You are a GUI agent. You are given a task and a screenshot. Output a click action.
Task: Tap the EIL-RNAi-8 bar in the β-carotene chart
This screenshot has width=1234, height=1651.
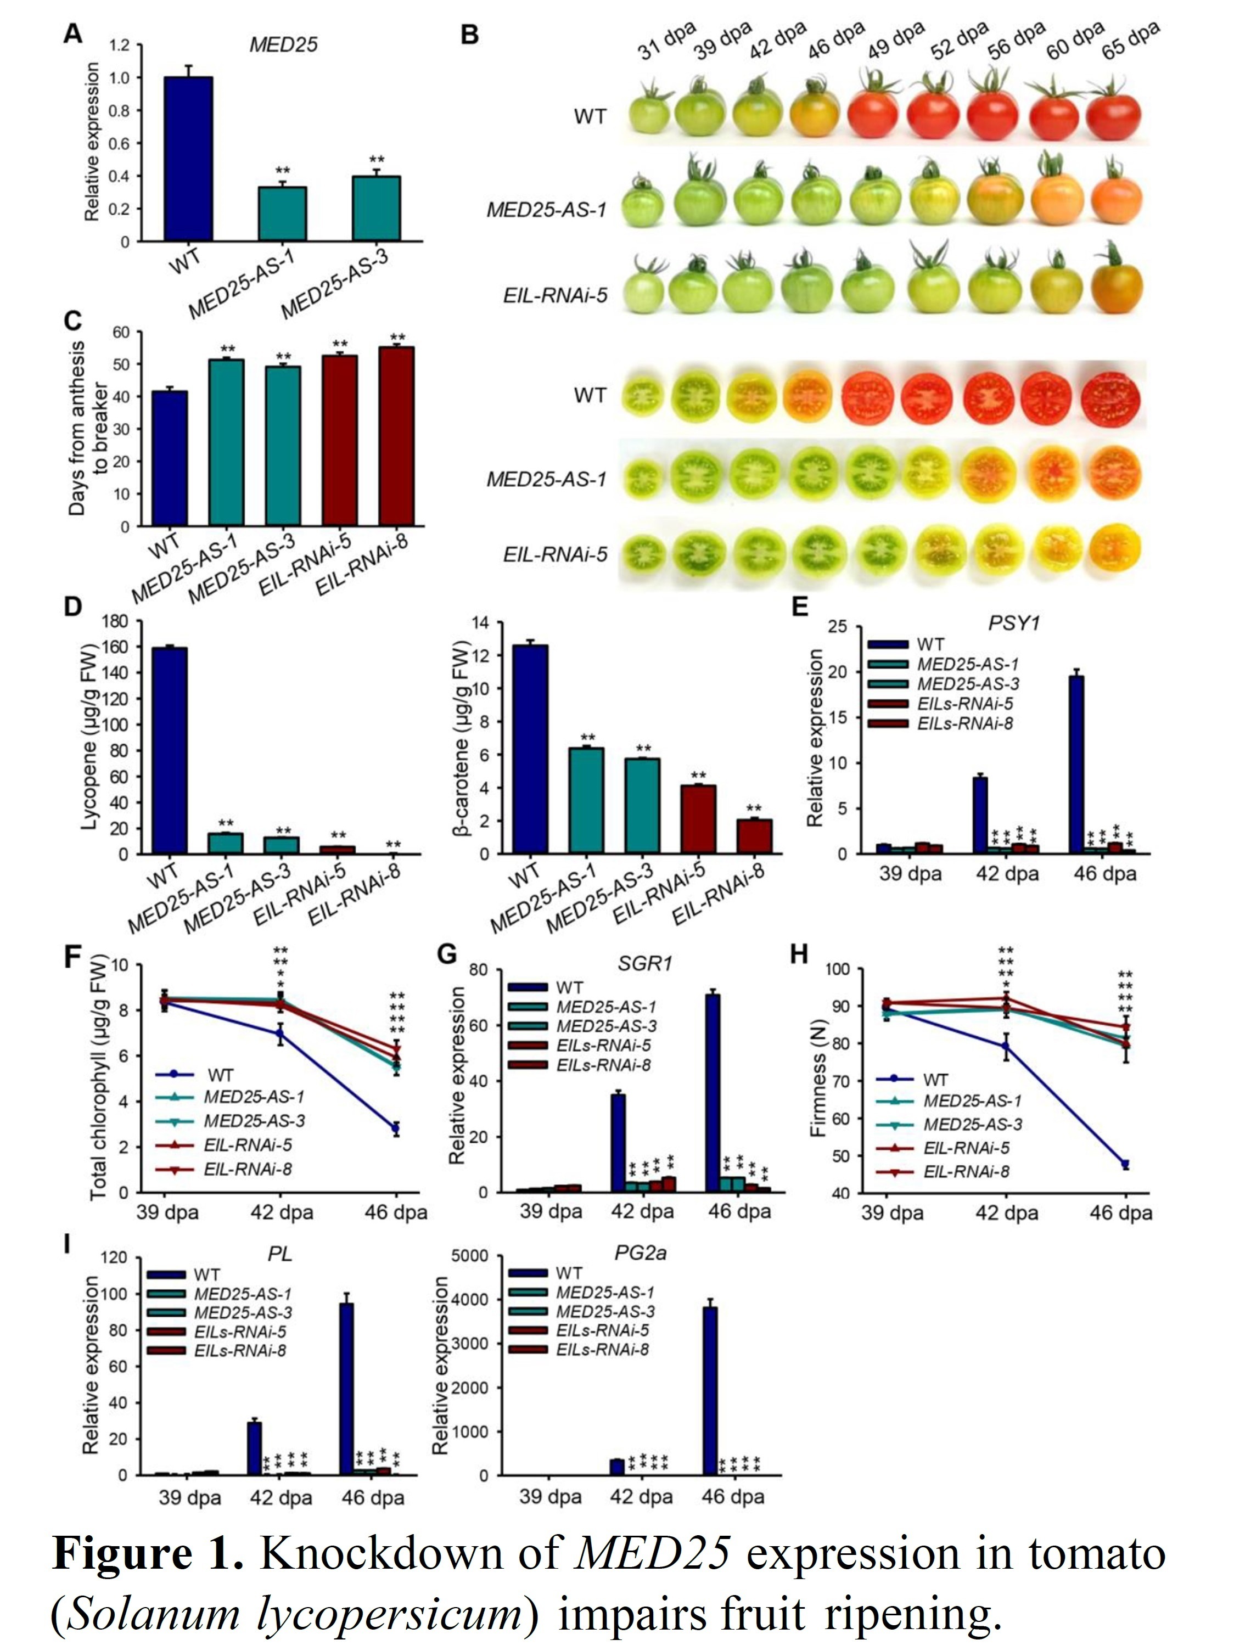[754, 836]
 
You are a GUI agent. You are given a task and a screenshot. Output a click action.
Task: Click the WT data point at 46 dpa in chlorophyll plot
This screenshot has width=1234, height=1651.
[396, 1128]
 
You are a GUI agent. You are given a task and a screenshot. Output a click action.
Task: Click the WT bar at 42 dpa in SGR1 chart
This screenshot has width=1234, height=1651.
[618, 1142]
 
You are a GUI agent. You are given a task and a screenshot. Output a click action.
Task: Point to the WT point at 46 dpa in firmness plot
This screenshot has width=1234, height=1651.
[1125, 1164]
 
